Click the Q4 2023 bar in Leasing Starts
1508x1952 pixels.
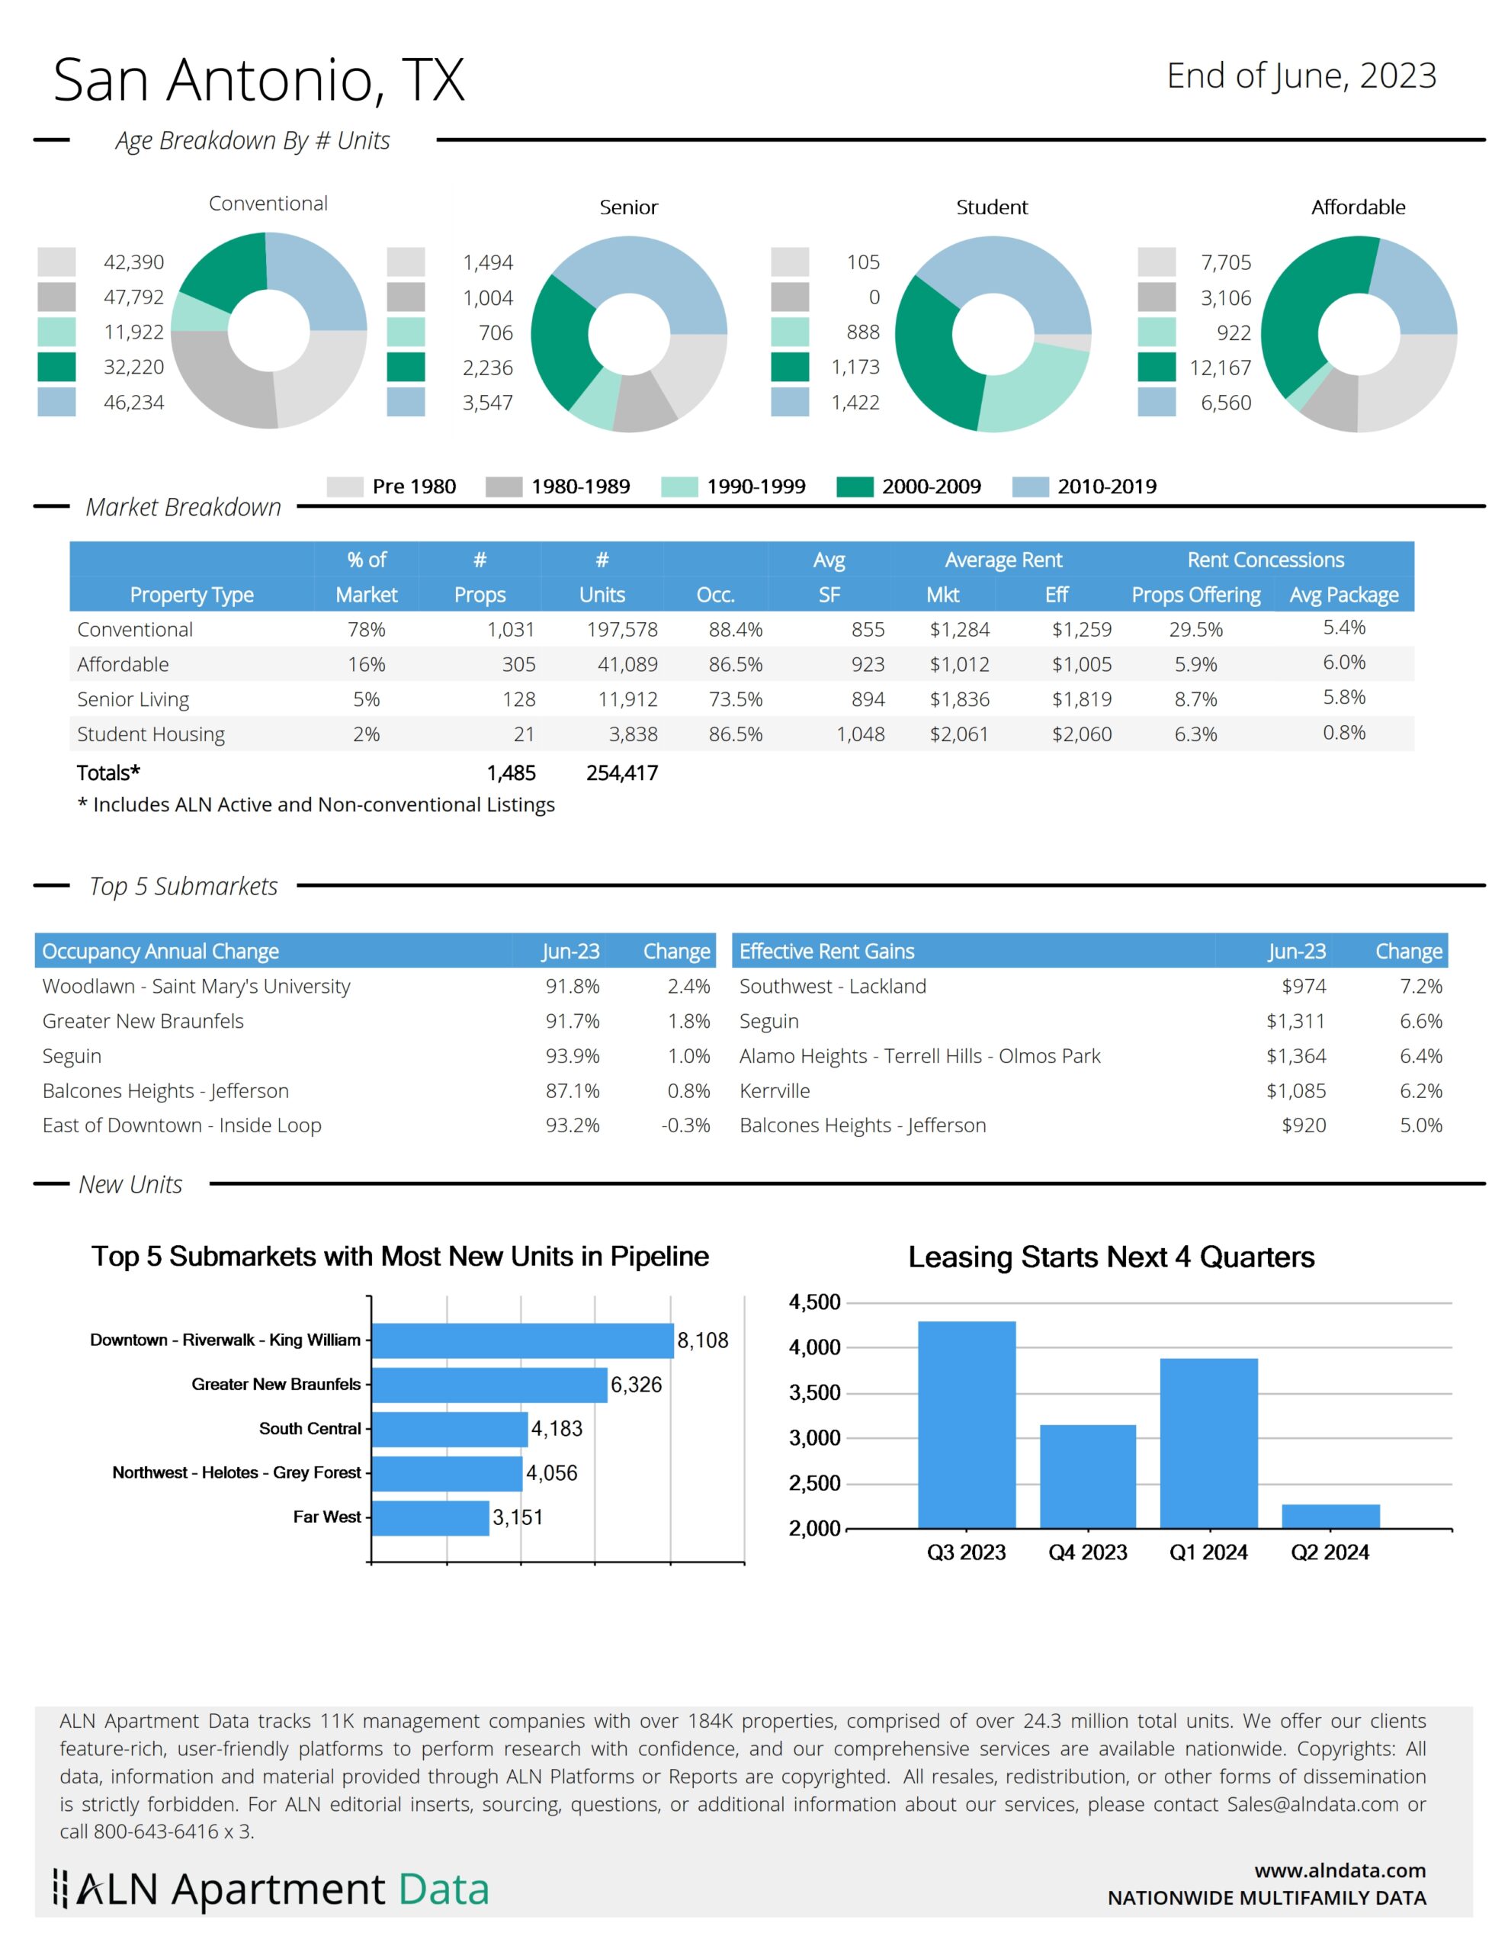1087,1475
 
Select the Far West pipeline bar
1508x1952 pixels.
430,1517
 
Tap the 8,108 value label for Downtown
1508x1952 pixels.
703,1340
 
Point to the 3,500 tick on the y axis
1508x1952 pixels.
814,1392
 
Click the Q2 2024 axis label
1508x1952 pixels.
1330,1552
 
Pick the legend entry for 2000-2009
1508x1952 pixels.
908,486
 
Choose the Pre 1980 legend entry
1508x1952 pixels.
392,486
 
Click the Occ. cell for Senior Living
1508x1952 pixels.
736,699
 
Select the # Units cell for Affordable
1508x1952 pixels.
627,664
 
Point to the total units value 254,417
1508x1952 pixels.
622,773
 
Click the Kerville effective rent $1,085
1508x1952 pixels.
1296,1090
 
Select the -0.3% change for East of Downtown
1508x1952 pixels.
685,1125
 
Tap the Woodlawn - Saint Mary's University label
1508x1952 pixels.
196,986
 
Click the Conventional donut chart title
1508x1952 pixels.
268,204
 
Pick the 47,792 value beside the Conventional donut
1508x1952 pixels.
134,297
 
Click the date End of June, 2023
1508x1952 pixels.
1301,77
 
